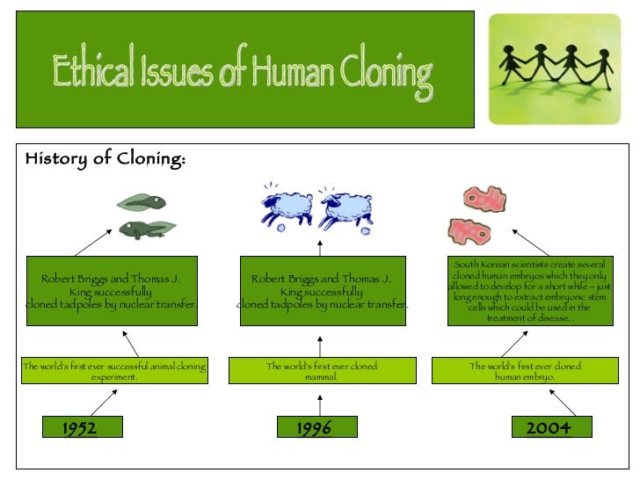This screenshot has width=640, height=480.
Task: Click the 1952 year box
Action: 80,428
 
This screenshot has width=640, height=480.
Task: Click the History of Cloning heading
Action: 105,159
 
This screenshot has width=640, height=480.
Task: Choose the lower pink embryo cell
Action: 469,231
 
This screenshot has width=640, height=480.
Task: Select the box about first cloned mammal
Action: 322,371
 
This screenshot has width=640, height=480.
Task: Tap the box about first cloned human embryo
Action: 525,371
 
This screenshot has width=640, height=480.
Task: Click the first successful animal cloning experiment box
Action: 114,371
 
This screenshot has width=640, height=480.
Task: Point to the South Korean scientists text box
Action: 529,291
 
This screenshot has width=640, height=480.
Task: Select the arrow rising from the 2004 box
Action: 563,403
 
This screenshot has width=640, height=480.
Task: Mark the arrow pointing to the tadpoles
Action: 94,242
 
